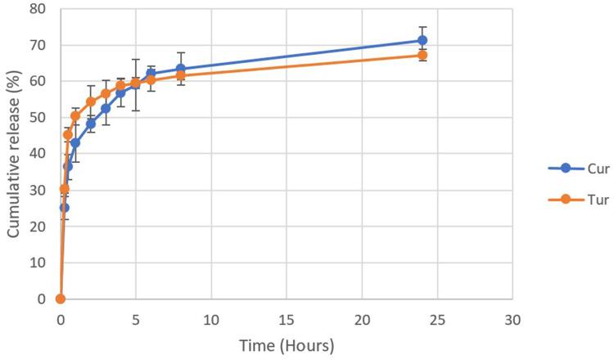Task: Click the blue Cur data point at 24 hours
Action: coord(422,40)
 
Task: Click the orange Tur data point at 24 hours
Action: coord(422,56)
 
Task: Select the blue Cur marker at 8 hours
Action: coord(180,69)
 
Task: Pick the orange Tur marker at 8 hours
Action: coord(180,75)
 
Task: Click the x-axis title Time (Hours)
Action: coord(286,346)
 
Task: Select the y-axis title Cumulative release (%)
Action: coord(14,153)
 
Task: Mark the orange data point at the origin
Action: coord(60,299)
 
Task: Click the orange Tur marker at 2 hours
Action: coord(90,102)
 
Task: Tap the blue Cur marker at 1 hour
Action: coord(75,142)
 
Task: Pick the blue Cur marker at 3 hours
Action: coord(106,108)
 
